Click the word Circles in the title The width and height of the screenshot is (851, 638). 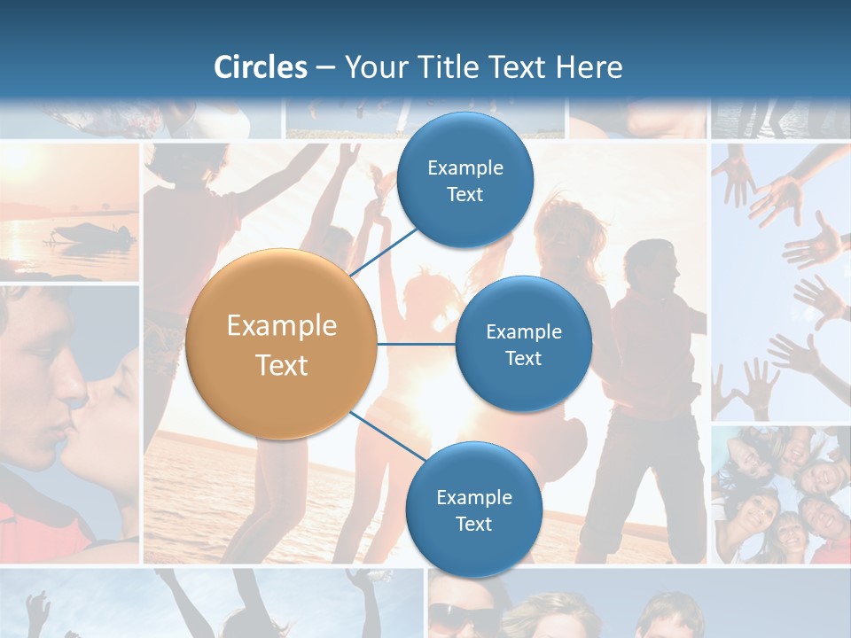coord(261,67)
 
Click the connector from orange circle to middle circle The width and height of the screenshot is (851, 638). coord(417,344)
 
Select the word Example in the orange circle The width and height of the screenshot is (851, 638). coord(281,326)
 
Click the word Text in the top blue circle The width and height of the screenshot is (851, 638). coord(465,195)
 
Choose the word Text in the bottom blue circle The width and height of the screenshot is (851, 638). coord(473,524)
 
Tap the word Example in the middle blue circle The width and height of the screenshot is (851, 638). coord(523,332)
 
